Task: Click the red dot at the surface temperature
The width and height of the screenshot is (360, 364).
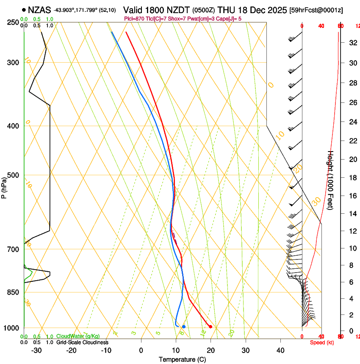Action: pos(210,326)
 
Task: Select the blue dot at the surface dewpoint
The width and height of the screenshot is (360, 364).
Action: pos(183,326)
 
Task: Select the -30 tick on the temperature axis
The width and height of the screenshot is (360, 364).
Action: pos(36,350)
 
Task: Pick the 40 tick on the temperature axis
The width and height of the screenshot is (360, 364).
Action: pos(280,350)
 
